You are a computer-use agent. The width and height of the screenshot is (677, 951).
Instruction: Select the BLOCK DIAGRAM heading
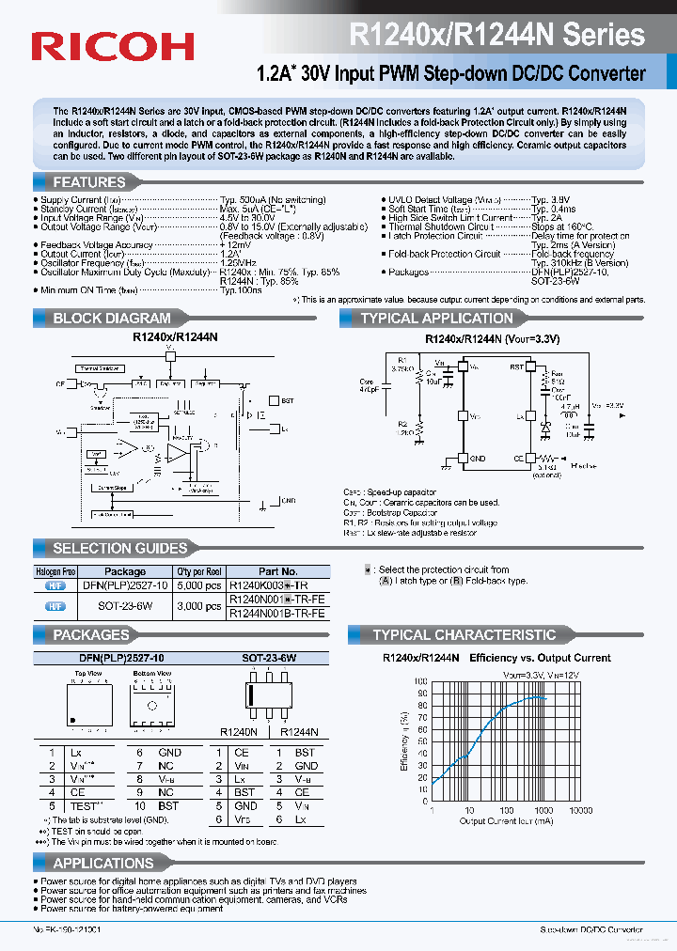[x=111, y=319]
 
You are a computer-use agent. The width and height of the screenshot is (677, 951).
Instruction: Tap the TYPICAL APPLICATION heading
[x=436, y=319]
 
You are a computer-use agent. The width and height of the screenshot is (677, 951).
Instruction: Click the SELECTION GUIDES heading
[x=119, y=548]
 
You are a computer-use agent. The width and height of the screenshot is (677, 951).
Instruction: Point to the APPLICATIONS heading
[x=102, y=863]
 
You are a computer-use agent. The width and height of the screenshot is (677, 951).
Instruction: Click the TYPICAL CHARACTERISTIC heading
[x=464, y=635]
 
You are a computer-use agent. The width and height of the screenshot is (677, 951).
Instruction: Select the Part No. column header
[x=277, y=571]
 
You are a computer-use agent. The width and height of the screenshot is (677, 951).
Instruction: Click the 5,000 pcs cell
[x=199, y=585]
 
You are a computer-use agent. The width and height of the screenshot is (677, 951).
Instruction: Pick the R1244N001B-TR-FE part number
[x=277, y=613]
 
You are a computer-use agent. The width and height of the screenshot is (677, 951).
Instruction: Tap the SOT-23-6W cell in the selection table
[x=124, y=606]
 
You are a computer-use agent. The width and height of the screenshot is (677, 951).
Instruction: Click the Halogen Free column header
[x=55, y=571]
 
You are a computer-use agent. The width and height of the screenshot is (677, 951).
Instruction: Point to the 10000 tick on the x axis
[x=580, y=810]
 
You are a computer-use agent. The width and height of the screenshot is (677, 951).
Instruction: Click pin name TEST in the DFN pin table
[x=85, y=806]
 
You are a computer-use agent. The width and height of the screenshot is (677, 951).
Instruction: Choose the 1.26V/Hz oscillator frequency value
[x=239, y=262]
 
